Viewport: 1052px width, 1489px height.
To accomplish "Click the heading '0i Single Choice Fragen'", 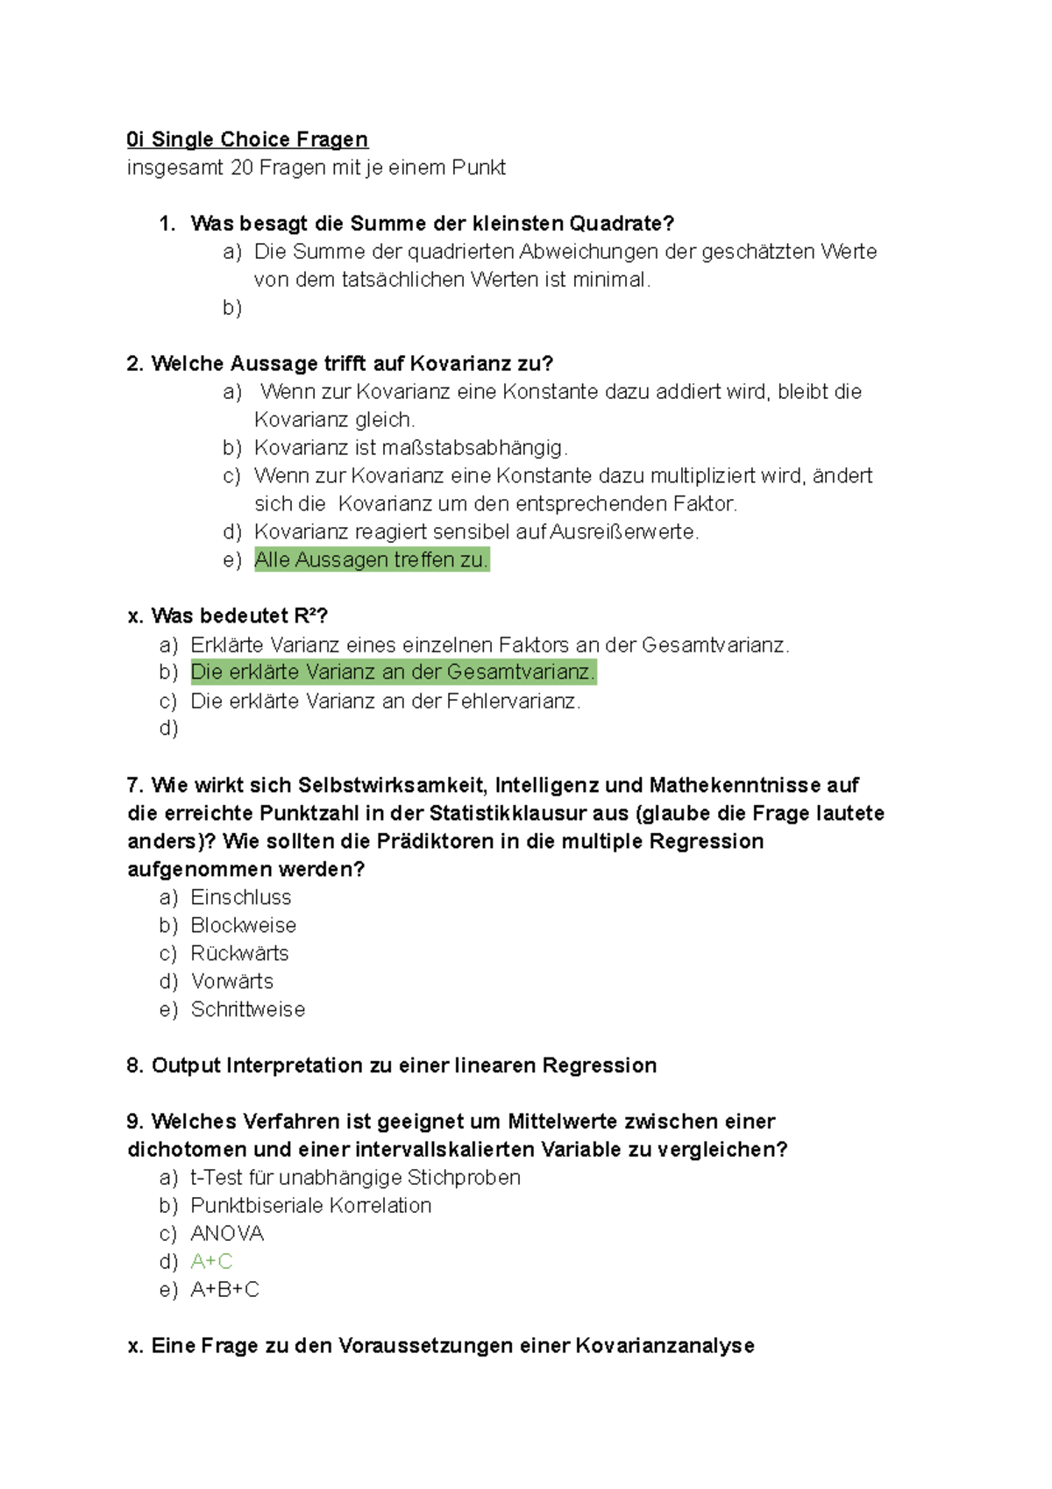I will tap(247, 139).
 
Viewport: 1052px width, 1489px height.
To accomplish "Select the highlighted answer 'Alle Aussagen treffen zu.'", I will tap(371, 559).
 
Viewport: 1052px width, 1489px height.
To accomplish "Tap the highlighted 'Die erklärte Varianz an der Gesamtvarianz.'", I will tap(393, 672).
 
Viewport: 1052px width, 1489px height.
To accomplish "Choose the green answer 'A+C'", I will tap(211, 1261).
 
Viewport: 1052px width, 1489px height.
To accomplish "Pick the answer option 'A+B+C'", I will tap(224, 1289).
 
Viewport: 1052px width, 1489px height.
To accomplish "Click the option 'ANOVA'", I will tap(227, 1233).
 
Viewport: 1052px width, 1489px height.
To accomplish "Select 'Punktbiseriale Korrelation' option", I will tap(310, 1205).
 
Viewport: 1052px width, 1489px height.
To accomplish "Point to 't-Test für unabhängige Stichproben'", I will tap(355, 1177).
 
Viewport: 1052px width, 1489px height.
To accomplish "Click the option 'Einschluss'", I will tap(241, 897).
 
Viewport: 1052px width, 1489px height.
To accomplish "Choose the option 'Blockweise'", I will tap(243, 925).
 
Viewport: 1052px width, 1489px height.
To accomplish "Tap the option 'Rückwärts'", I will tap(239, 953).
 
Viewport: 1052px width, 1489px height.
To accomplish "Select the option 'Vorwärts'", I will tap(232, 981).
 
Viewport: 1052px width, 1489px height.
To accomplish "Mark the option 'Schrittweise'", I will tap(248, 1009).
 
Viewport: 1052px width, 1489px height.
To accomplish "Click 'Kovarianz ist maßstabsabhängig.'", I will tap(410, 447).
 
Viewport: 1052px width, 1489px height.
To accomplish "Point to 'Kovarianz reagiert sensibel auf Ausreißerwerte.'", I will tap(476, 531).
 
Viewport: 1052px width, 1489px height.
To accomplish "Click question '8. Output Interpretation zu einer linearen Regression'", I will tap(392, 1065).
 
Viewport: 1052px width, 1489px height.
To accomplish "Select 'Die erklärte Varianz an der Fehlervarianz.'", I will tap(385, 701).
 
